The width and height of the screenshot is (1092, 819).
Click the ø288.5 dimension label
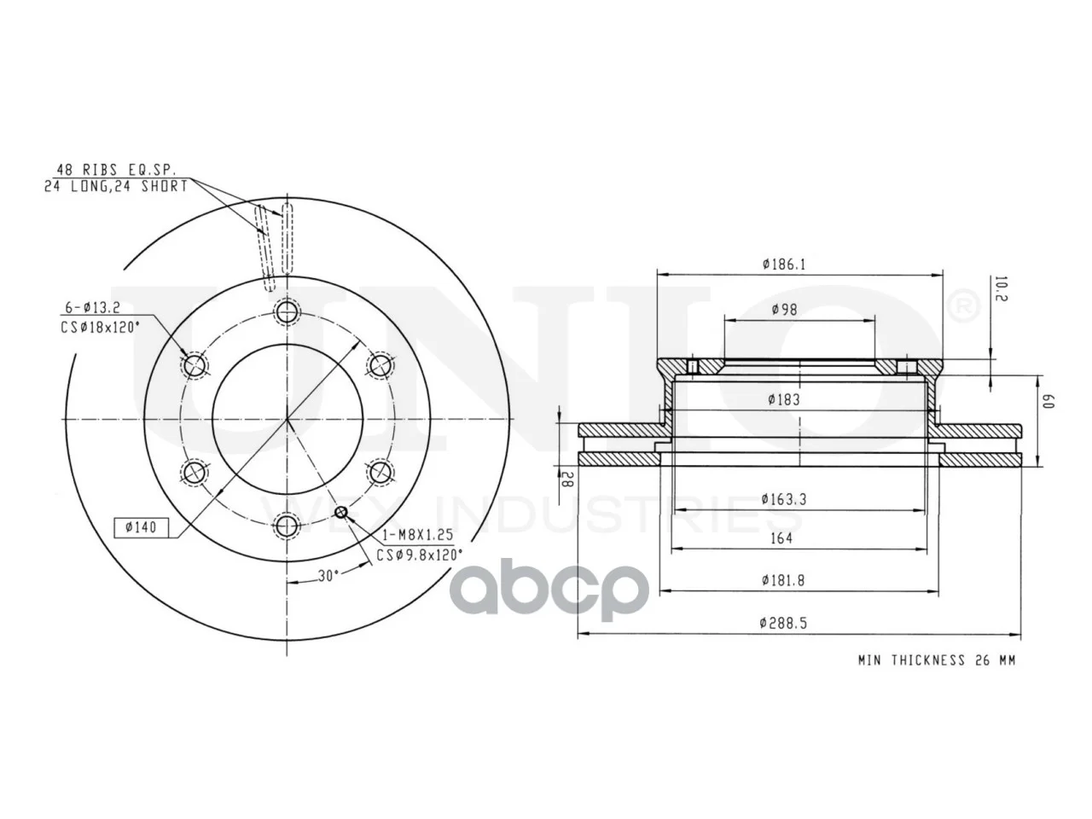(x=783, y=623)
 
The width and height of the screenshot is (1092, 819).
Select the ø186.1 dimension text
(x=784, y=264)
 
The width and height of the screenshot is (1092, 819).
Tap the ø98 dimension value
(x=785, y=310)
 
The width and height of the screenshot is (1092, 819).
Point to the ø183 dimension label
(x=784, y=400)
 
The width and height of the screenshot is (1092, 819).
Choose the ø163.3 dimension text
(x=784, y=499)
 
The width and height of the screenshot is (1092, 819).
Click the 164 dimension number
(x=781, y=538)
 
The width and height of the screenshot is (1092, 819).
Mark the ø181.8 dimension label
(x=783, y=580)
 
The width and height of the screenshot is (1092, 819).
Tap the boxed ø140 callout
(x=142, y=527)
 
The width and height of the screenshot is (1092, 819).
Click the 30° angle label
(x=328, y=576)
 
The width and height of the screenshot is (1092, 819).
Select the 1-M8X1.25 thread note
(x=418, y=535)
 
